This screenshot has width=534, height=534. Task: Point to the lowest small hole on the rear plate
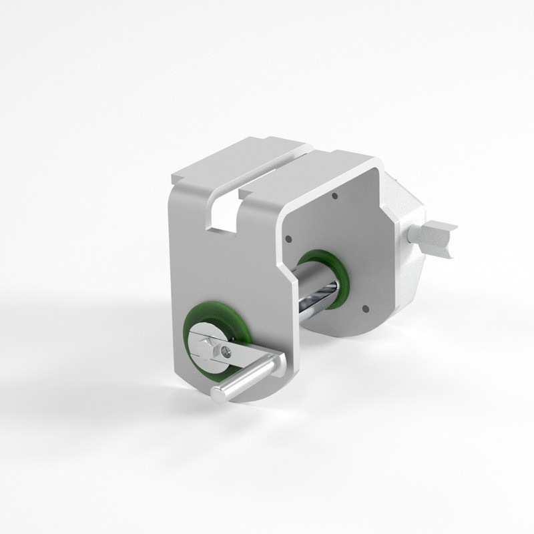point(365,308)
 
